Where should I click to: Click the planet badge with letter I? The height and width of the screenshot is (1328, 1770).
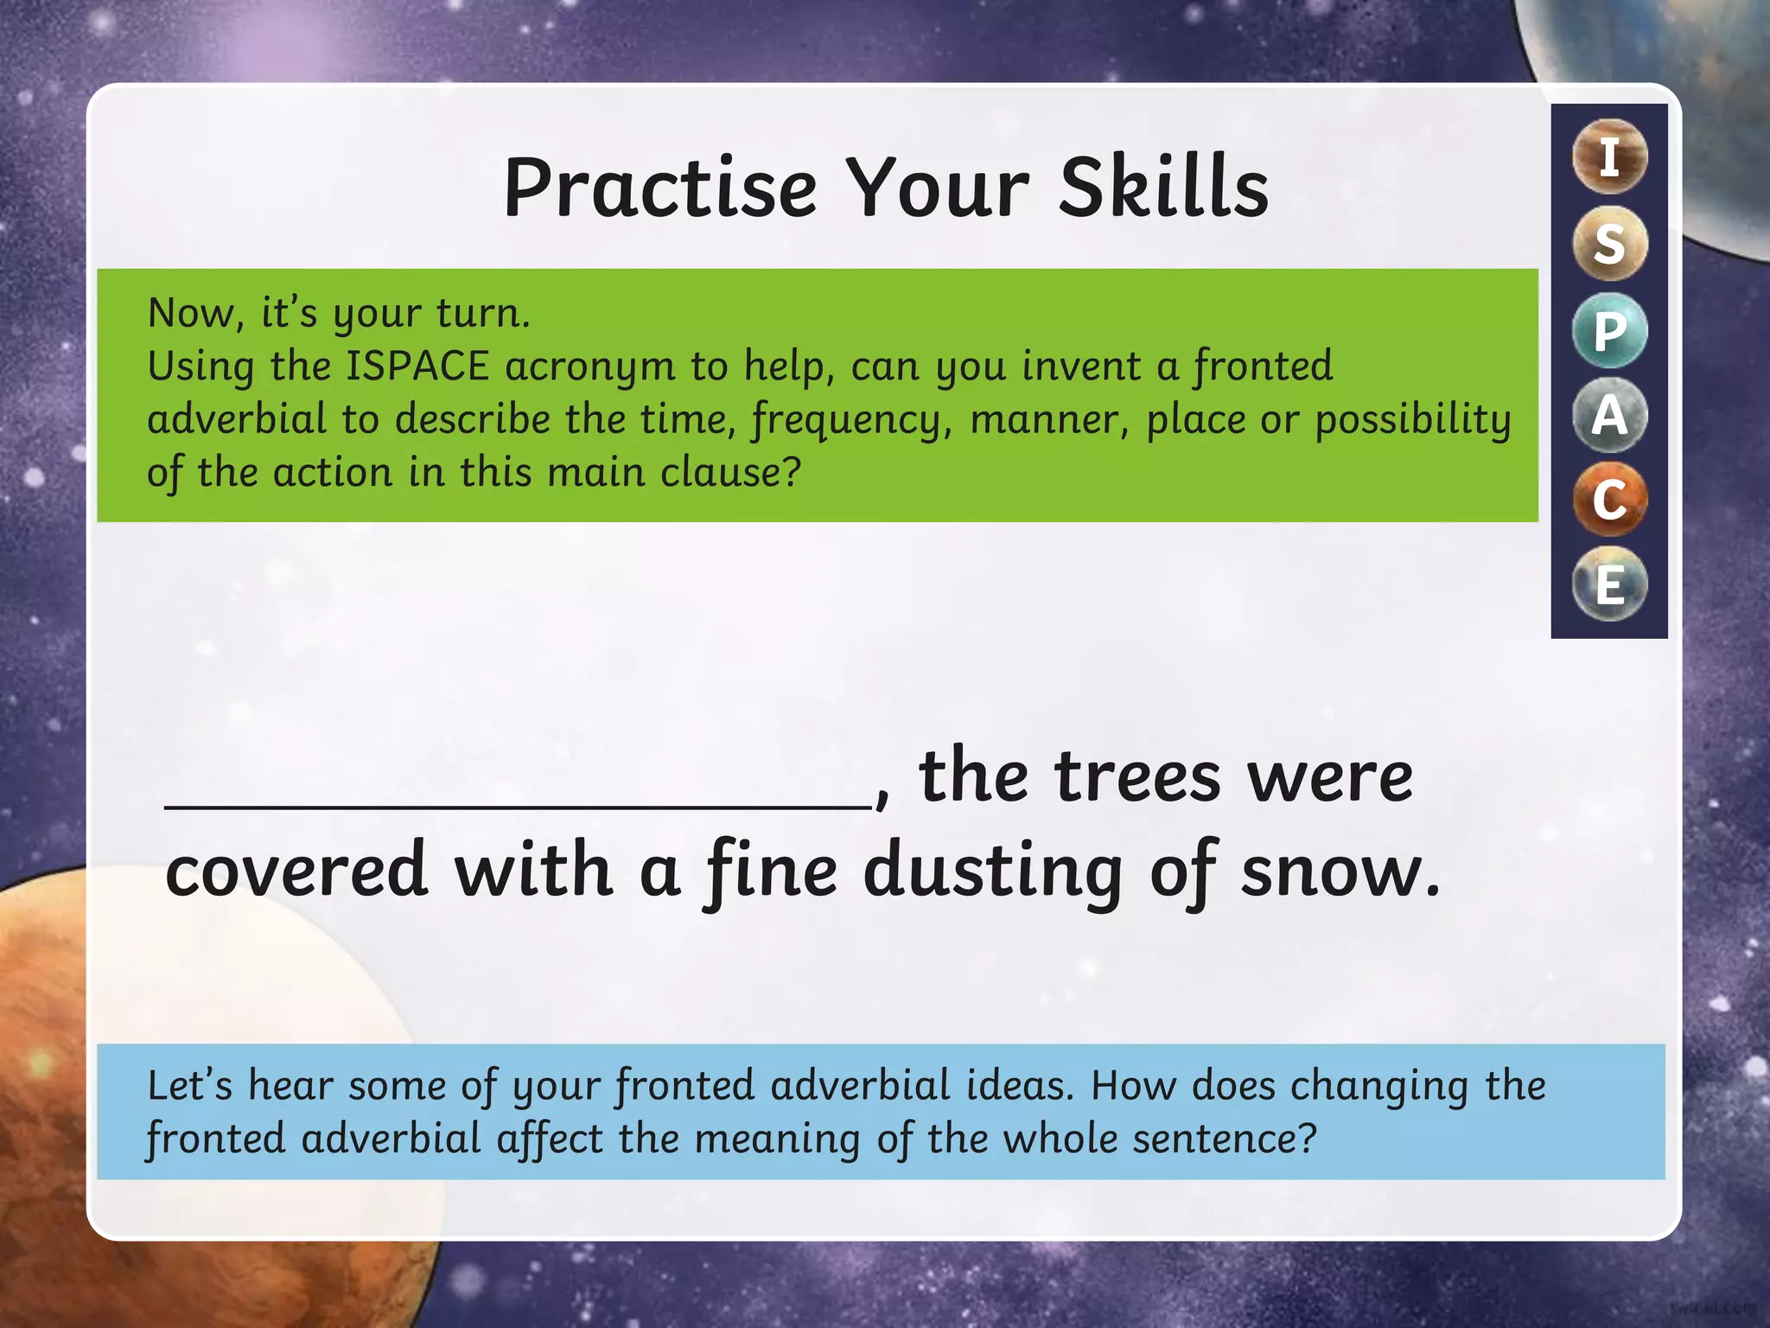point(1609,157)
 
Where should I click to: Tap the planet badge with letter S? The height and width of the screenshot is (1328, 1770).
point(1609,243)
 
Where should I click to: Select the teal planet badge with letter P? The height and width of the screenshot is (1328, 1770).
point(1609,330)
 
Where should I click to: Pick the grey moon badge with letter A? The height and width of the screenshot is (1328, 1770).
point(1609,415)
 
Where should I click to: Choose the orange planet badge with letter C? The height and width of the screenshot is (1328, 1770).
point(1609,500)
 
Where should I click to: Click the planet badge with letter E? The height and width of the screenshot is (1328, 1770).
point(1609,585)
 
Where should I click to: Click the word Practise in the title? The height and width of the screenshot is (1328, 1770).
point(660,188)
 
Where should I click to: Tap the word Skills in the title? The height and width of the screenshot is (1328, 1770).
point(1163,188)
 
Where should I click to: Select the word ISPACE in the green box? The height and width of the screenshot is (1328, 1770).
point(417,367)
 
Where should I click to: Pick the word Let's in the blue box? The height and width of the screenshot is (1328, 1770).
point(190,1086)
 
